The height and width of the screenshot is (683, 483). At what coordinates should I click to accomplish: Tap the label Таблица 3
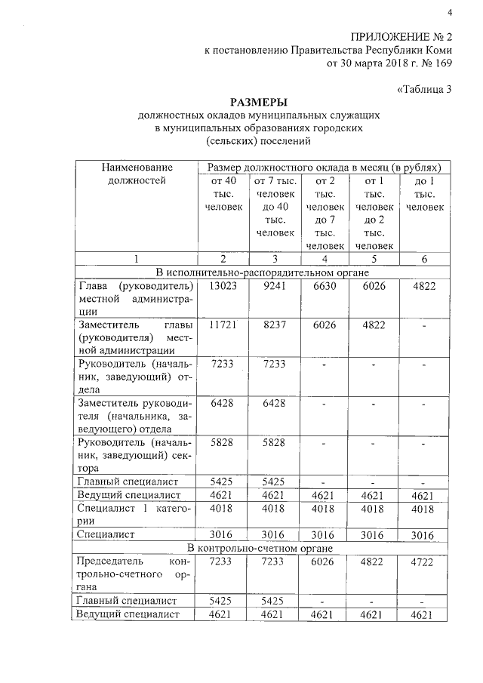[x=424, y=89]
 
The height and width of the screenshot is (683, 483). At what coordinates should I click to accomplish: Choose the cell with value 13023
[x=220, y=287]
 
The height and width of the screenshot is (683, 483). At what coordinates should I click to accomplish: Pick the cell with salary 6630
[x=325, y=287]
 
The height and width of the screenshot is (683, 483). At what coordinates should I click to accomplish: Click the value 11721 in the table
[x=220, y=322]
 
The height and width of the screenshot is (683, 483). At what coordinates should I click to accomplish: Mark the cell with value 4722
[x=424, y=562]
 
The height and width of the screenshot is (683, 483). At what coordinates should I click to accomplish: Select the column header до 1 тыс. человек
[x=424, y=193]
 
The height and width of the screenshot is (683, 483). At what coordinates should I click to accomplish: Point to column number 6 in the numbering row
[x=424, y=259]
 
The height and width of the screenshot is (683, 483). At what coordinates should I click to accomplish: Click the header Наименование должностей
[x=135, y=174]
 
